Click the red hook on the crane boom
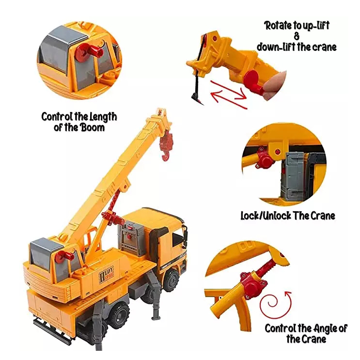[167, 146]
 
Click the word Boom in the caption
[93, 127]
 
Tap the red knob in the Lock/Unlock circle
[264, 158]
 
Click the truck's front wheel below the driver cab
[171, 281]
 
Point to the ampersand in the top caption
[297, 36]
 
